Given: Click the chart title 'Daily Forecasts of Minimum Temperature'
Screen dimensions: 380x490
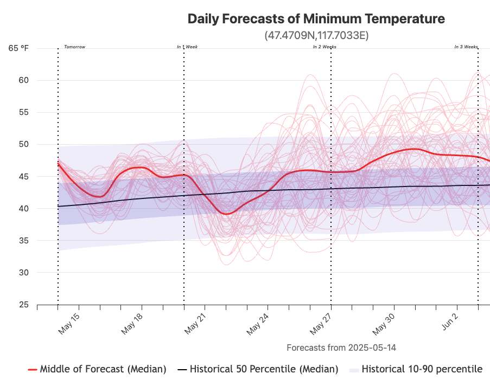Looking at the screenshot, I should pos(316,19).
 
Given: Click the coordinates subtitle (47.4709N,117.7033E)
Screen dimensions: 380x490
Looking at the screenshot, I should pos(316,36).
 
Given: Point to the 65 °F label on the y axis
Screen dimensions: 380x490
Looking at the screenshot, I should pos(18,48).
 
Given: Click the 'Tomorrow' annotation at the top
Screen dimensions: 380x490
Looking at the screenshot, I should pos(75,47).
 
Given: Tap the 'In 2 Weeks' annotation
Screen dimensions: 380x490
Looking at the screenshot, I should pos(324,47).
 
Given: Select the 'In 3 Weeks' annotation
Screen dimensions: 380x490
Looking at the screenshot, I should pos(466,47).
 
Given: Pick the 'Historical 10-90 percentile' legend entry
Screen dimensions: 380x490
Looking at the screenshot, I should pos(422,369).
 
